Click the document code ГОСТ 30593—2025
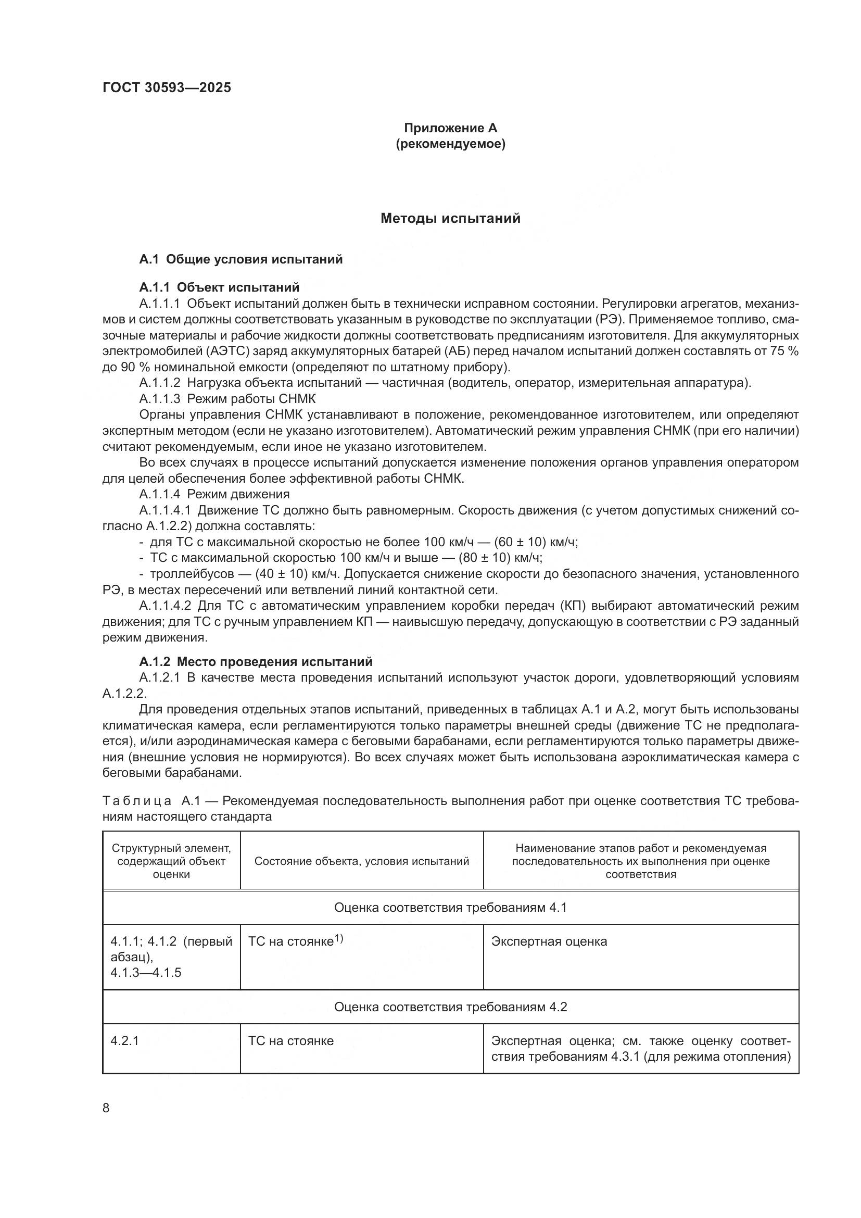(x=167, y=88)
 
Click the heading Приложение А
(x=450, y=128)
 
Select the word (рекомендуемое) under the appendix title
(x=450, y=144)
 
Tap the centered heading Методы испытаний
(x=450, y=219)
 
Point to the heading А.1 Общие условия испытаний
(x=240, y=259)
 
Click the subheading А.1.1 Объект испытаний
(x=219, y=287)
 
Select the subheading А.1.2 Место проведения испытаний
(x=256, y=662)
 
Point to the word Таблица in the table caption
(x=137, y=801)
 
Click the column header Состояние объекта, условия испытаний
(x=362, y=861)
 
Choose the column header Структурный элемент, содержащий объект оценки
(x=171, y=861)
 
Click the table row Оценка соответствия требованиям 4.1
(x=450, y=908)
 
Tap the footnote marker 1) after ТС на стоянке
(x=339, y=939)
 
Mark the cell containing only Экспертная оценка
(x=549, y=942)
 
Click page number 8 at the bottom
(x=106, y=1108)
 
